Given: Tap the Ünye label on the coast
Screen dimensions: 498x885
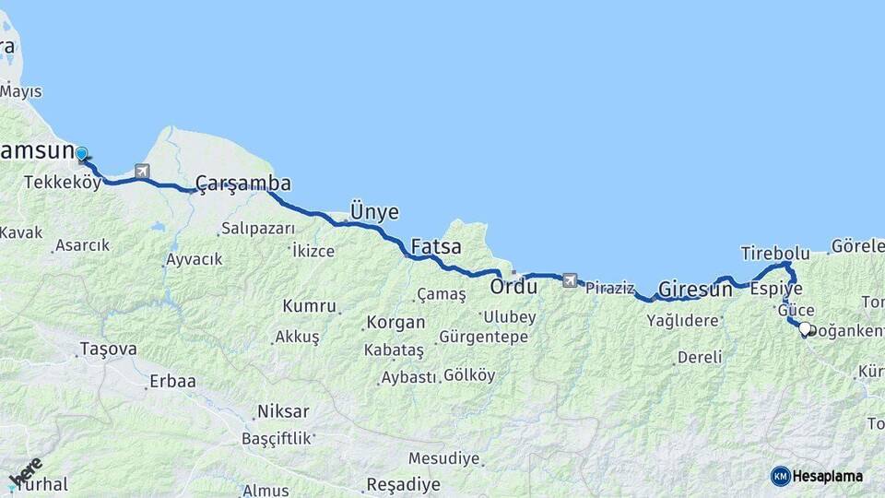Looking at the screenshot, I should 374,212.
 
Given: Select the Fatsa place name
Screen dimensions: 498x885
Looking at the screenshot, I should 436,247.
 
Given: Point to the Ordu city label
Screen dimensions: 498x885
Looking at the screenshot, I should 513,287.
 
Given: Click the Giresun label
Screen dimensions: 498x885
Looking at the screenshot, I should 695,290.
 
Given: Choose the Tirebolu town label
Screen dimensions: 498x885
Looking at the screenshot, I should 775,253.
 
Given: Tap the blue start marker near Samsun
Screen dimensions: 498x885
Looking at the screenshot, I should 81,154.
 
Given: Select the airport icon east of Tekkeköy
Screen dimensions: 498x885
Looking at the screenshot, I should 141,171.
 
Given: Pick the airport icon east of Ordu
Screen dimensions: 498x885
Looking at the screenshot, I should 570,280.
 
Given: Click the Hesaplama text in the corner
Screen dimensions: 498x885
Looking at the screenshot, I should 828,476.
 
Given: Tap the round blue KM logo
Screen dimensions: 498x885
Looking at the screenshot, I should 781,476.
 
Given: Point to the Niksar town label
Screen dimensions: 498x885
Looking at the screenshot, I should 283,412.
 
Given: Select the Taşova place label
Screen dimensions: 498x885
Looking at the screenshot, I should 108,349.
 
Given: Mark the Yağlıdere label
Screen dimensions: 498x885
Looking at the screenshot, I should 682,321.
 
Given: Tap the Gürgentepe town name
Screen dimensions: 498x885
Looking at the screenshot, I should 484,337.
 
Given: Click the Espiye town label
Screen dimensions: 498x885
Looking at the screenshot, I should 776,289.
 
